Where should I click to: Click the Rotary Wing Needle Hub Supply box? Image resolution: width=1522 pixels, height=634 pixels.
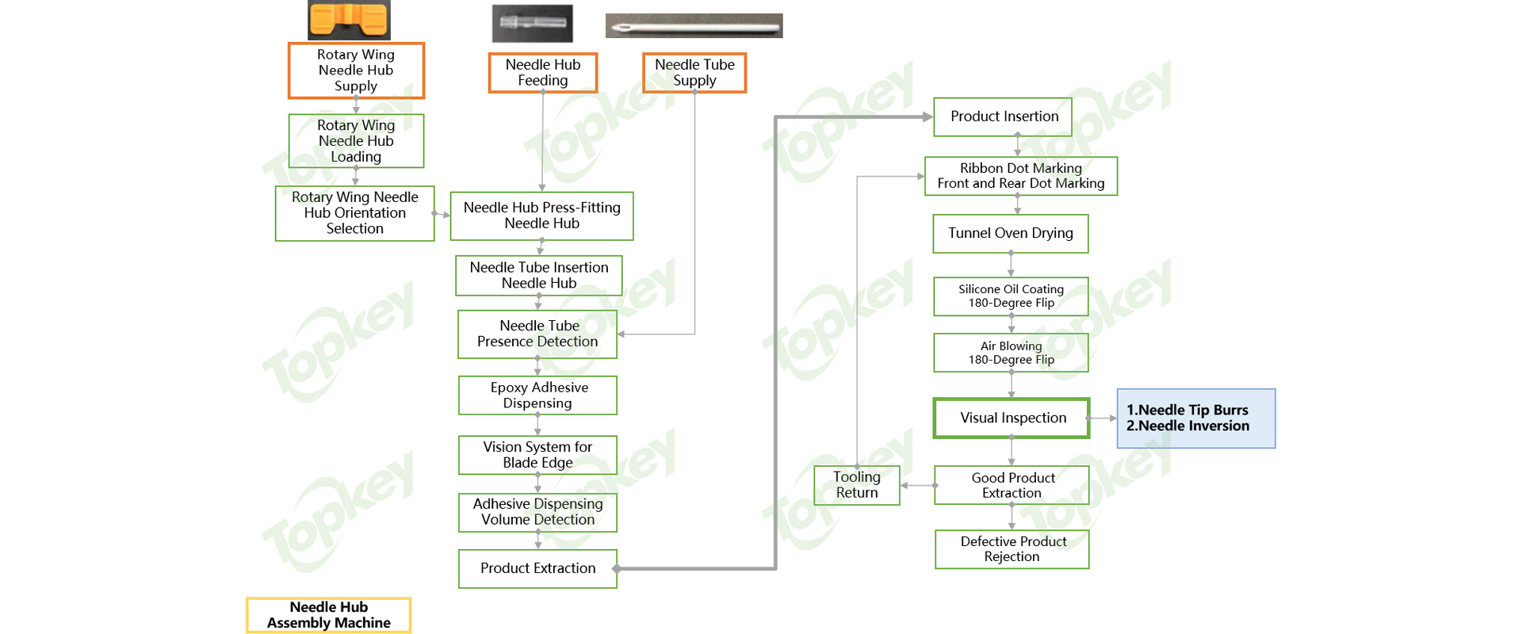click(356, 71)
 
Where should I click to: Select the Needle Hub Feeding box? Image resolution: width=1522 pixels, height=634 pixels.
click(543, 73)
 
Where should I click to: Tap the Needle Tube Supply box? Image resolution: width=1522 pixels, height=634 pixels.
click(694, 73)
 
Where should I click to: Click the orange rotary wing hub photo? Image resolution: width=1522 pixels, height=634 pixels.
click(349, 20)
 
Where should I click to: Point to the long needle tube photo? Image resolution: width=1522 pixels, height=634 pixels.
click(694, 25)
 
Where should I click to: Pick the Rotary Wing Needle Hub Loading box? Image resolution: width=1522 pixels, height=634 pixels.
click(356, 141)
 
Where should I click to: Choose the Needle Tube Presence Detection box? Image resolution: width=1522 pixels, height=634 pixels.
click(537, 334)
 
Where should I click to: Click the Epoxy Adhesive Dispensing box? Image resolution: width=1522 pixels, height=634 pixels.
click(537, 395)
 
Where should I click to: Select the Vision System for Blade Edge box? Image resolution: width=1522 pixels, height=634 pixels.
click(537, 455)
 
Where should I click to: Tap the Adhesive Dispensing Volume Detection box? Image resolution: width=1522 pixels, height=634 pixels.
click(537, 512)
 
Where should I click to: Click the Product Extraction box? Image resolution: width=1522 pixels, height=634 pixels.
click(537, 568)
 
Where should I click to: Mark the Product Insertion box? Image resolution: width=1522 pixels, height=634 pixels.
click(1003, 116)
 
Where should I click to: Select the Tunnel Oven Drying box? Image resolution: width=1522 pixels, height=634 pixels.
click(1011, 233)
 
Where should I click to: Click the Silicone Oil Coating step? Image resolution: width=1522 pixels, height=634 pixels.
click(1011, 296)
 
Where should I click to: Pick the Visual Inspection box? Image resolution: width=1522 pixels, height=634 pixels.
click(1012, 418)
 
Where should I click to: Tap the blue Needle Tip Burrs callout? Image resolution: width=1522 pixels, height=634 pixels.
click(1195, 418)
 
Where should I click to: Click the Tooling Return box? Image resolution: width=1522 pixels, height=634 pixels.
click(857, 485)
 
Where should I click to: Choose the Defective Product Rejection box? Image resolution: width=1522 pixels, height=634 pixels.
click(1012, 549)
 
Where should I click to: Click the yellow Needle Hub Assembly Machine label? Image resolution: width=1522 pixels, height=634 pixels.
click(328, 615)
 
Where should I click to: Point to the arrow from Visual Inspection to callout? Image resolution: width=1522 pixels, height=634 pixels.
click(1103, 418)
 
